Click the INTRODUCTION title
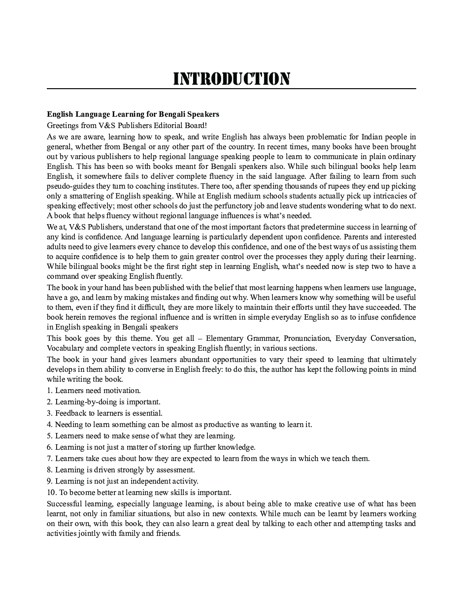[231, 78]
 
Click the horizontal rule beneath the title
[231, 89]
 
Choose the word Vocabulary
[65, 348]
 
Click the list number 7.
[49, 459]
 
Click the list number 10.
[51, 493]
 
